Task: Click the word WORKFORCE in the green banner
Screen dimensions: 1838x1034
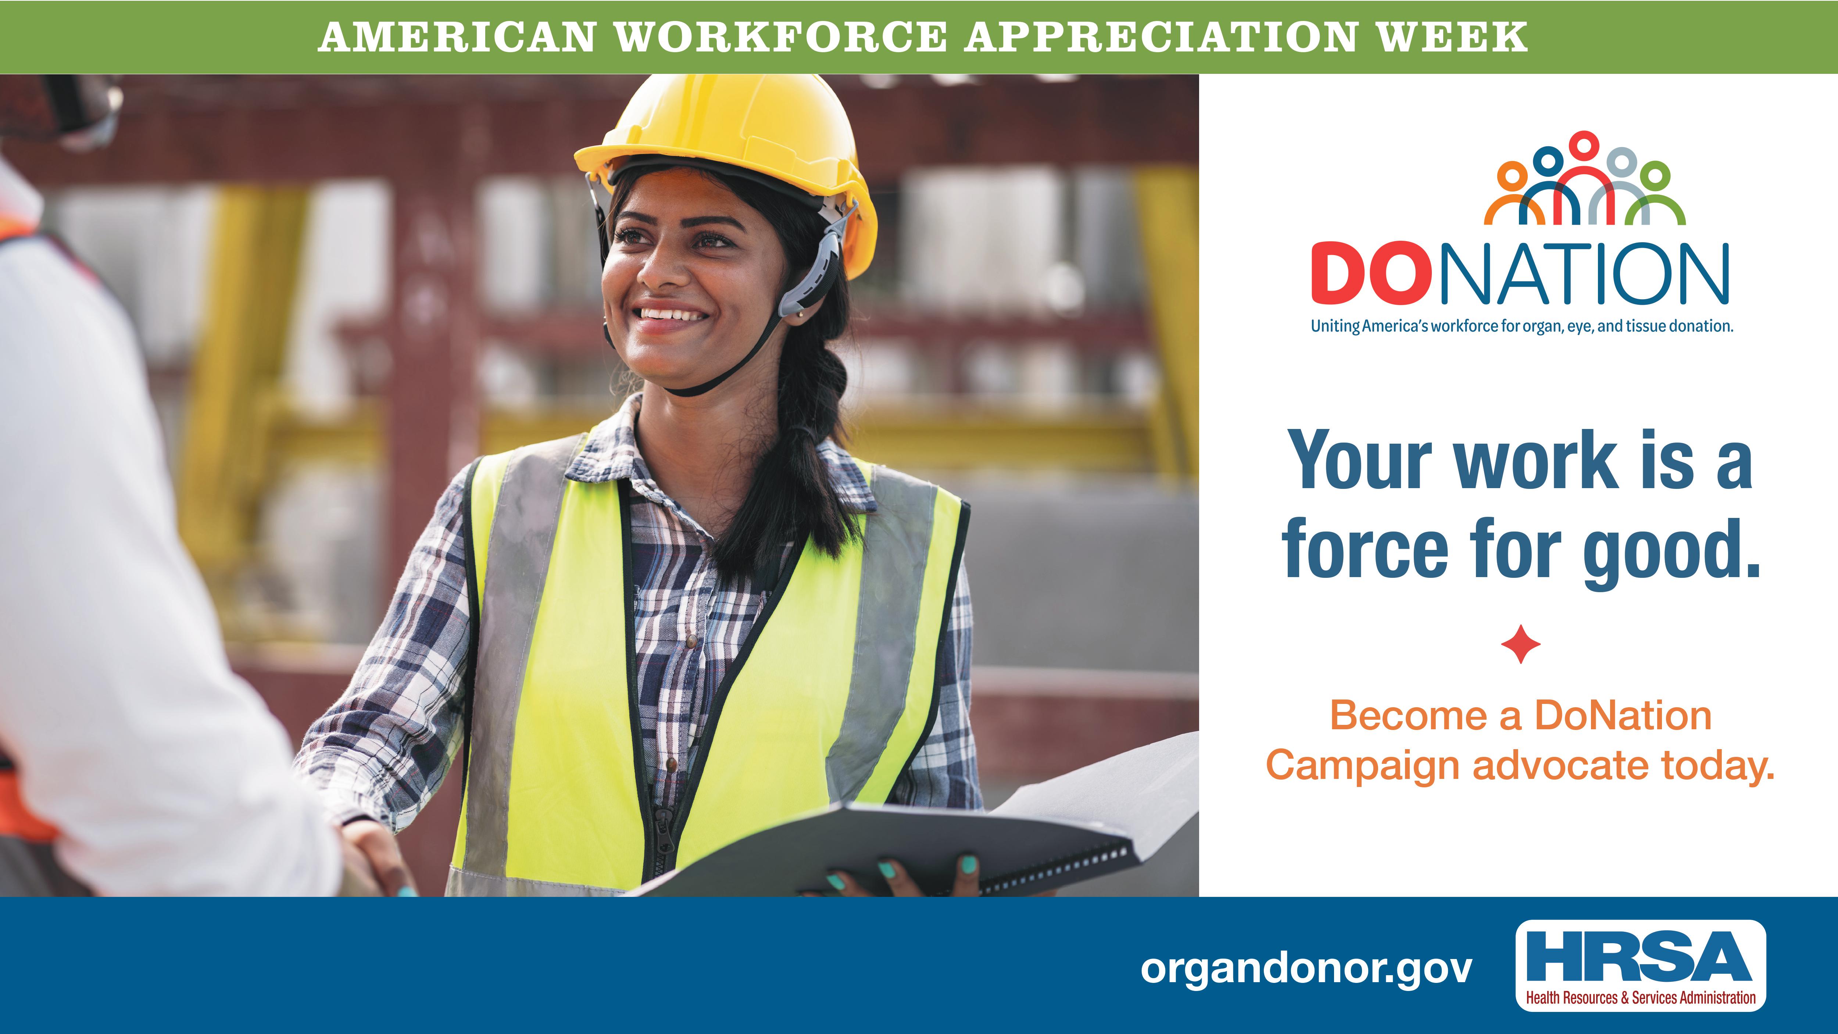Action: click(x=781, y=37)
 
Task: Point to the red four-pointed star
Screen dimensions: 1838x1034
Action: click(x=1520, y=644)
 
